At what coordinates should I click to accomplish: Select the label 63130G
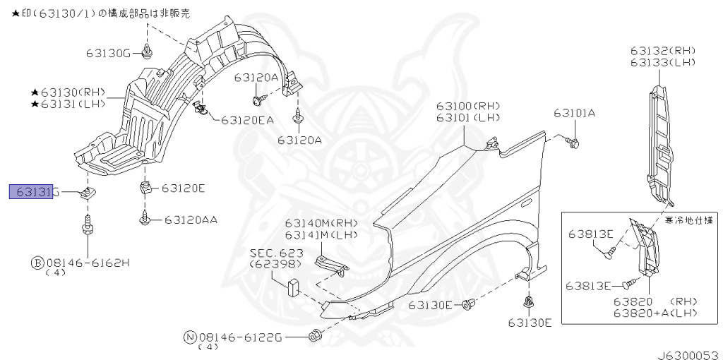coord(109,53)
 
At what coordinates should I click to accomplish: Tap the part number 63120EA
coord(246,121)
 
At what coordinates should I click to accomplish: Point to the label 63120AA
coord(191,220)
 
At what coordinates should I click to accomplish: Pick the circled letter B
coord(37,263)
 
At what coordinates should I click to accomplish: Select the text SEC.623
coord(276,253)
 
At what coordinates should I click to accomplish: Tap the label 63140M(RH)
coord(321,224)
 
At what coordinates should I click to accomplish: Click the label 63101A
coord(574,113)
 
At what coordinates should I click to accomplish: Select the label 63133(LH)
coord(663,63)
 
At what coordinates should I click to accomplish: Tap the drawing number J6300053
coord(689,350)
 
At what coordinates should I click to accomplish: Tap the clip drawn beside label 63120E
coord(145,188)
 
